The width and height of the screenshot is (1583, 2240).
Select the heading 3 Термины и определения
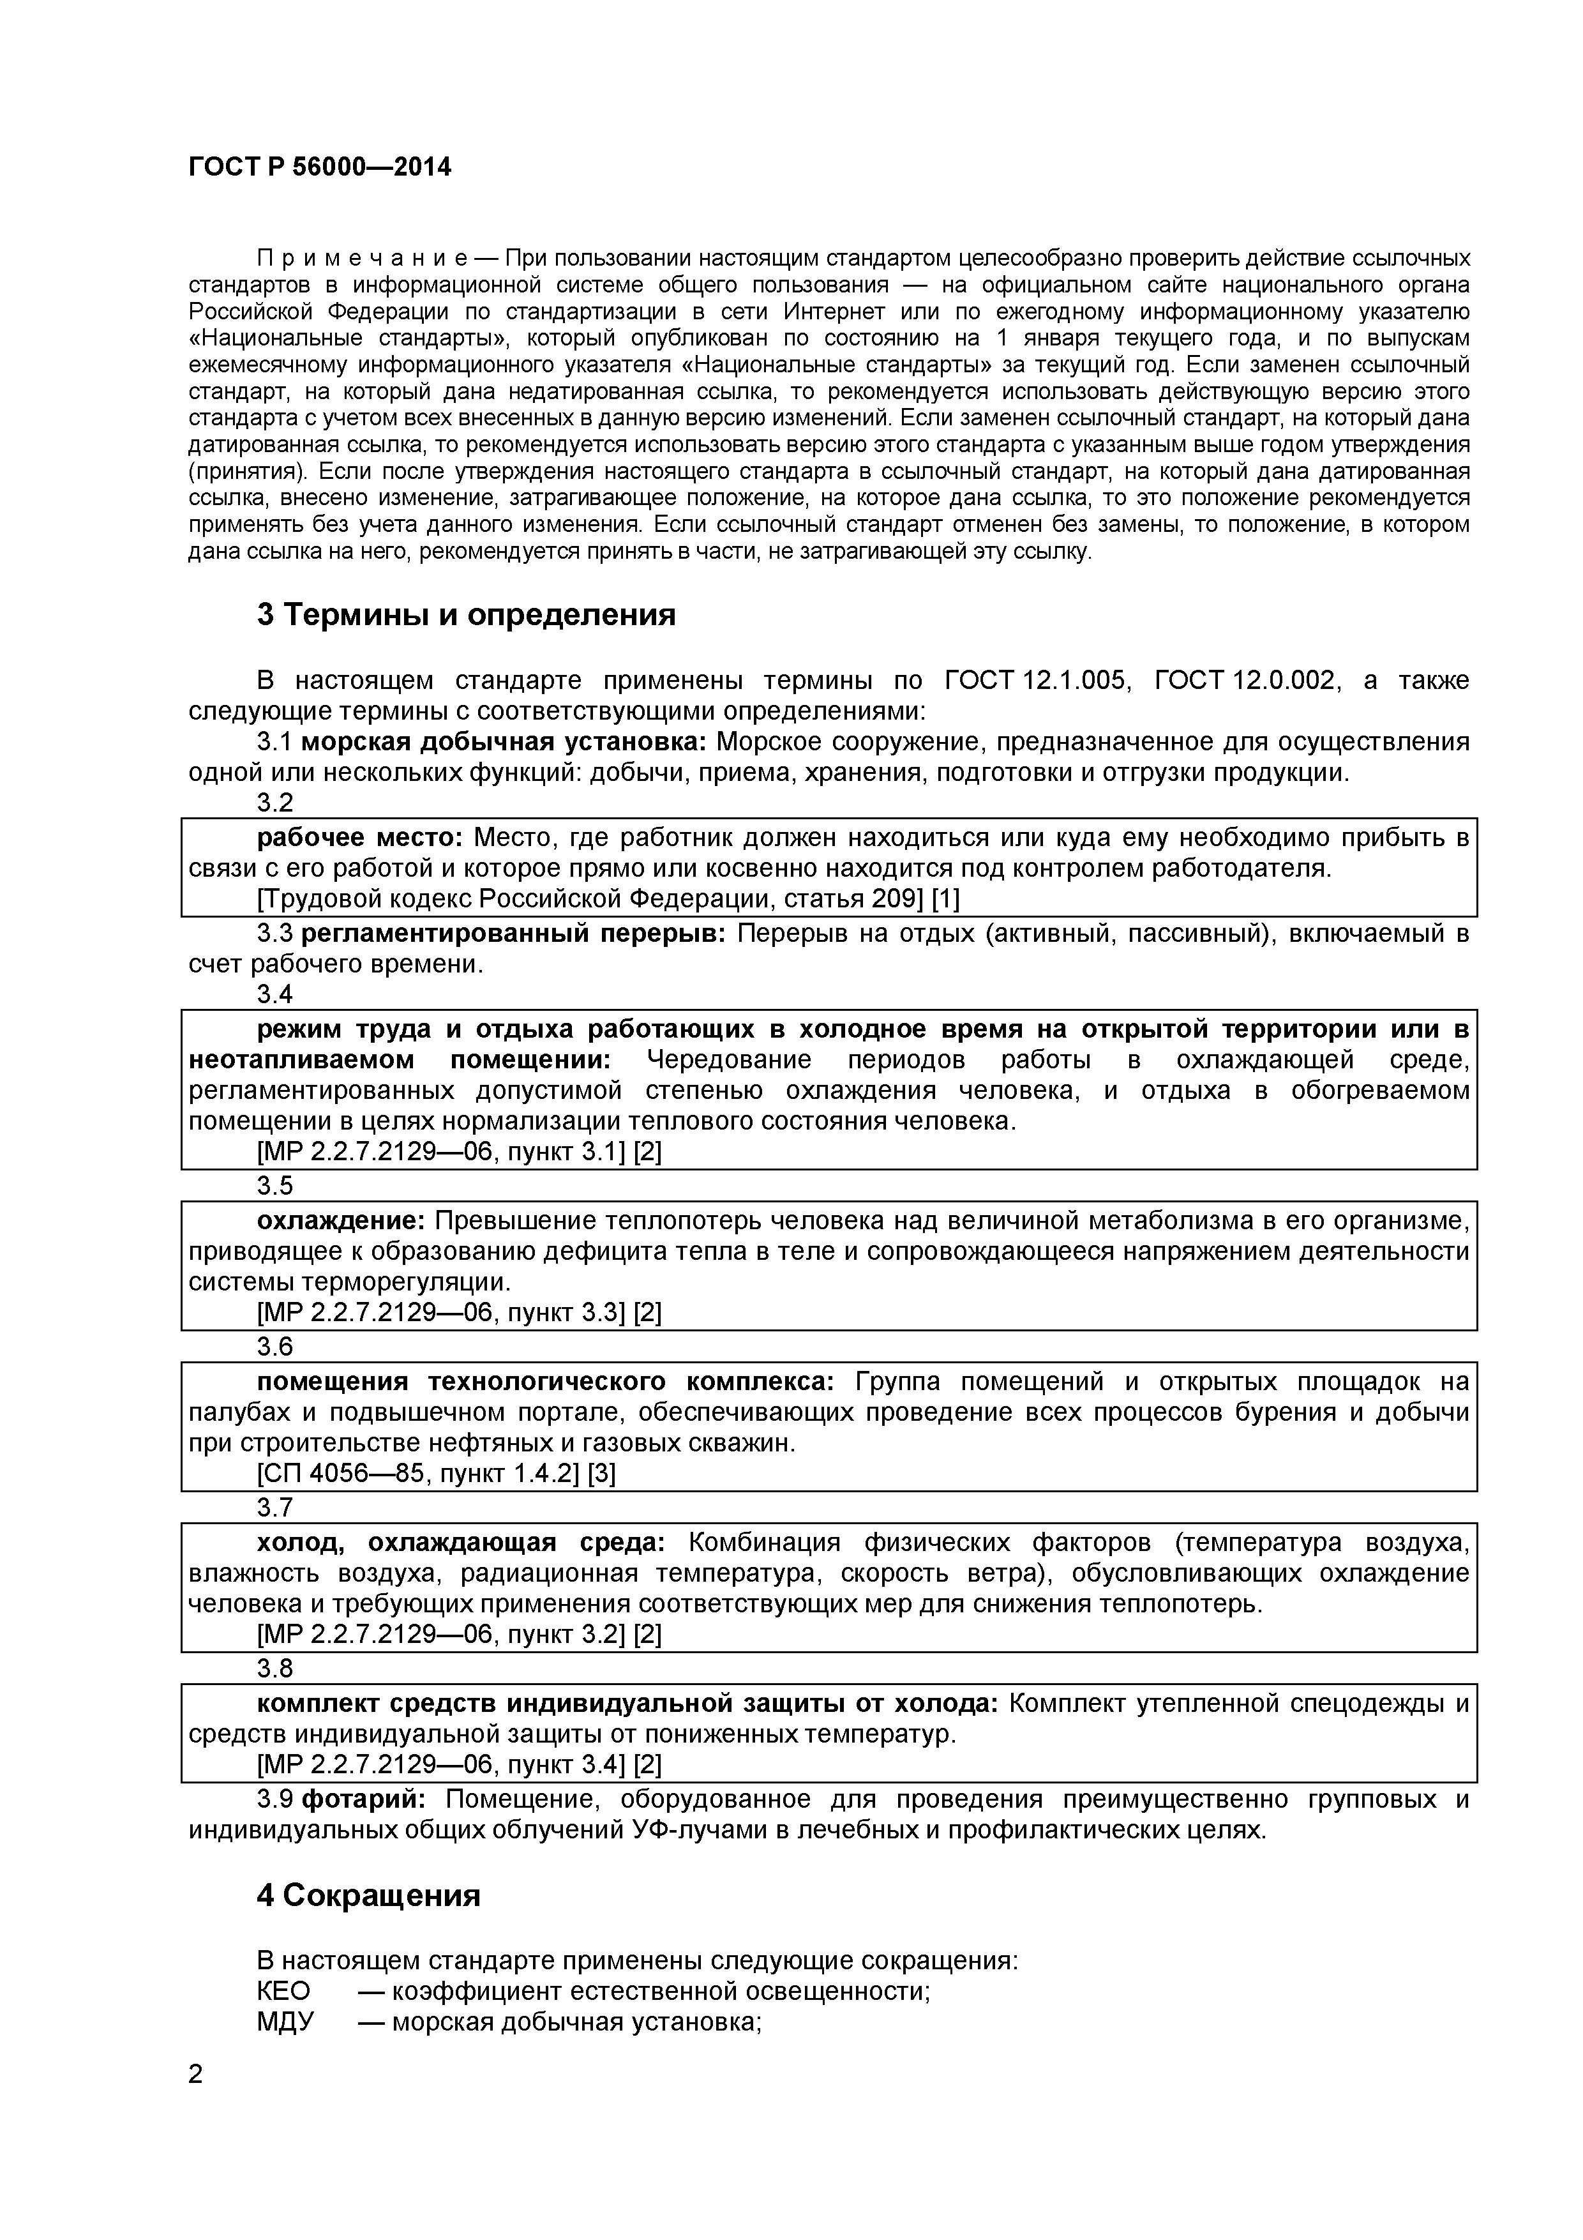click(x=466, y=616)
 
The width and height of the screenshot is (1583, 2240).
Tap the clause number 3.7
click(x=275, y=1508)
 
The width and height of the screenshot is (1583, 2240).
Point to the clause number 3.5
click(x=275, y=1185)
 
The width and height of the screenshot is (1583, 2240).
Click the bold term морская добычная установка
click(x=503, y=743)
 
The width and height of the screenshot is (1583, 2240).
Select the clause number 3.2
click(x=275, y=803)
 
